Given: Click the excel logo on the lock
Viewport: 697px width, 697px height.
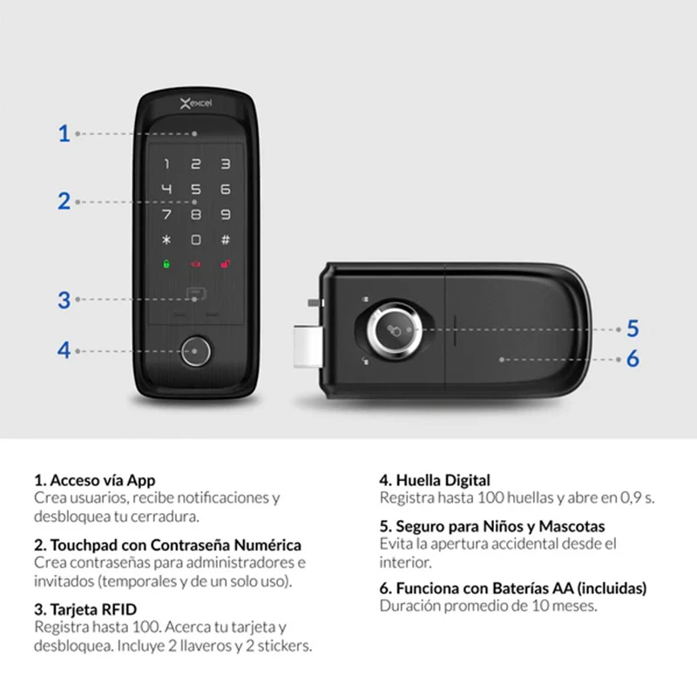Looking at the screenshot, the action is [196, 104].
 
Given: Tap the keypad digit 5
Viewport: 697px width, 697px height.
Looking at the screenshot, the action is [195, 189].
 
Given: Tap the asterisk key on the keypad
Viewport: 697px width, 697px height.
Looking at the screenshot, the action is [166, 240].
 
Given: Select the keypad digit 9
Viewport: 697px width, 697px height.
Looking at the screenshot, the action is [226, 214].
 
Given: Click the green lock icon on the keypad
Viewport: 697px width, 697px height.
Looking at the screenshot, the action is [166, 265].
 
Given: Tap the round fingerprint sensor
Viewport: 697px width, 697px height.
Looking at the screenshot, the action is [195, 351].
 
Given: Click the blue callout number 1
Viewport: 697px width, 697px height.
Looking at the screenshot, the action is [64, 133].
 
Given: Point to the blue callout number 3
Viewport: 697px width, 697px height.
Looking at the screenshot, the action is [64, 300].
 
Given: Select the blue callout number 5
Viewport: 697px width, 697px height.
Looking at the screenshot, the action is [633, 329].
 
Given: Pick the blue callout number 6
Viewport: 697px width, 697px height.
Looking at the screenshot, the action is [633, 359].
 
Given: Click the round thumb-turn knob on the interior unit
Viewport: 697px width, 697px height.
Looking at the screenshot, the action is [394, 330].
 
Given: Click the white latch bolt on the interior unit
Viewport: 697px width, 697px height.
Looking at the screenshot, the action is [308, 347].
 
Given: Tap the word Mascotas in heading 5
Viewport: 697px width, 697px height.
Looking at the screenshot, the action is [572, 526].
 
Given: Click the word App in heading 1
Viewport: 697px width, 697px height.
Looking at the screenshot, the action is [141, 481].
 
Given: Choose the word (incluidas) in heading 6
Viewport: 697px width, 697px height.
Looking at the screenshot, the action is [612, 589].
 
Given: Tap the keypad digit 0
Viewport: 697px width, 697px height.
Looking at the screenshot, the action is [195, 240].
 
